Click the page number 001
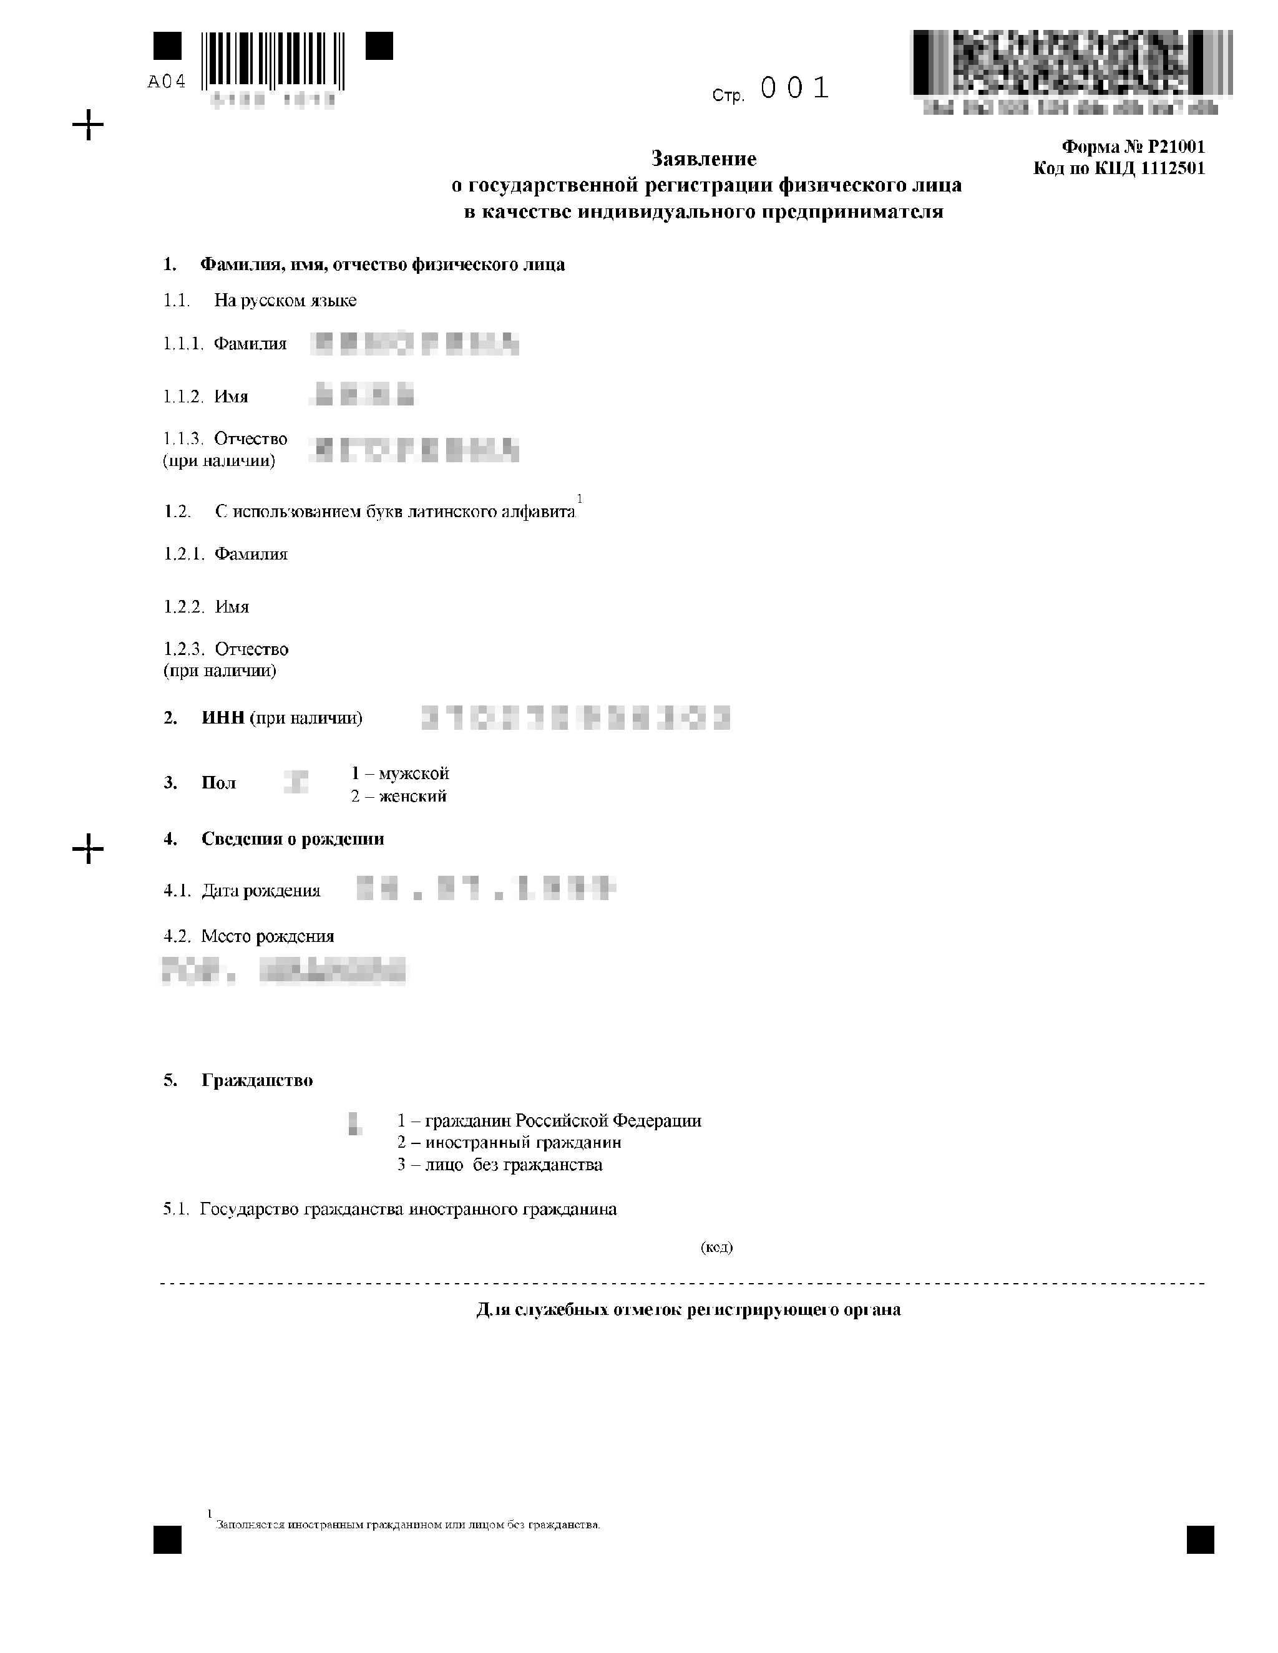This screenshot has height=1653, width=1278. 794,89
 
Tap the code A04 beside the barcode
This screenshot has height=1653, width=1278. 167,82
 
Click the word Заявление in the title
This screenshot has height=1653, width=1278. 704,159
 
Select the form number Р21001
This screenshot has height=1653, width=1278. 1176,147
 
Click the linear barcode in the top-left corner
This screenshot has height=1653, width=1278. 273,60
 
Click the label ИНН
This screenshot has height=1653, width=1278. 223,718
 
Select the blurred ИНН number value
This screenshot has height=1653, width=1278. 575,717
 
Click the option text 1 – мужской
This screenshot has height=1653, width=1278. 400,773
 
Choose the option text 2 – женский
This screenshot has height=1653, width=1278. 398,796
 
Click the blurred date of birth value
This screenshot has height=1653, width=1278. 486,888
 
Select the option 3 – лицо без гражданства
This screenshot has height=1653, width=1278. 500,1165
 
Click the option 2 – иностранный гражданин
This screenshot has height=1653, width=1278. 509,1143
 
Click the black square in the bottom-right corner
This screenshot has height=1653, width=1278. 1200,1540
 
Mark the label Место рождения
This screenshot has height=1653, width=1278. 267,937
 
